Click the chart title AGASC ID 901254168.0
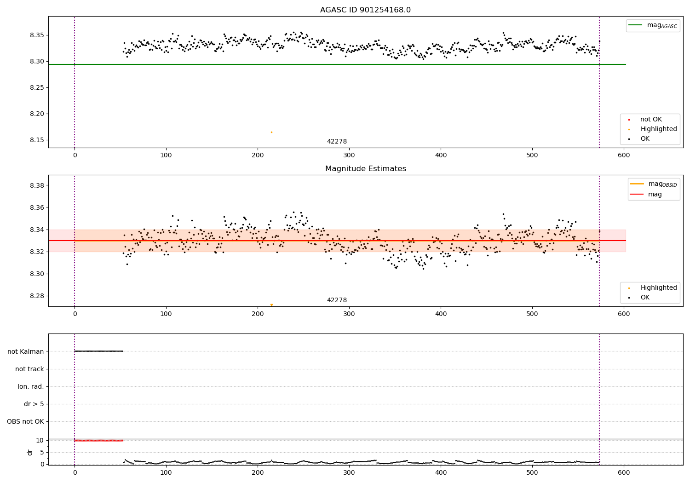pos(365,10)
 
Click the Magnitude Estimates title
pos(365,169)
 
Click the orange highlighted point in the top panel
pos(271,132)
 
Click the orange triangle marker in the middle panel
pos(271,305)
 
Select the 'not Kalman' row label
pos(26,351)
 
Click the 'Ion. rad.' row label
pos(31,387)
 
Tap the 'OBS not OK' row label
pos(26,422)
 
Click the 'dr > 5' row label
pos(34,404)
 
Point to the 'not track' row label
pos(29,369)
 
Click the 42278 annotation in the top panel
pos(337,142)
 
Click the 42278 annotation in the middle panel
pos(337,300)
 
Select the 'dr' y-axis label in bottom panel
pos(30,452)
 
